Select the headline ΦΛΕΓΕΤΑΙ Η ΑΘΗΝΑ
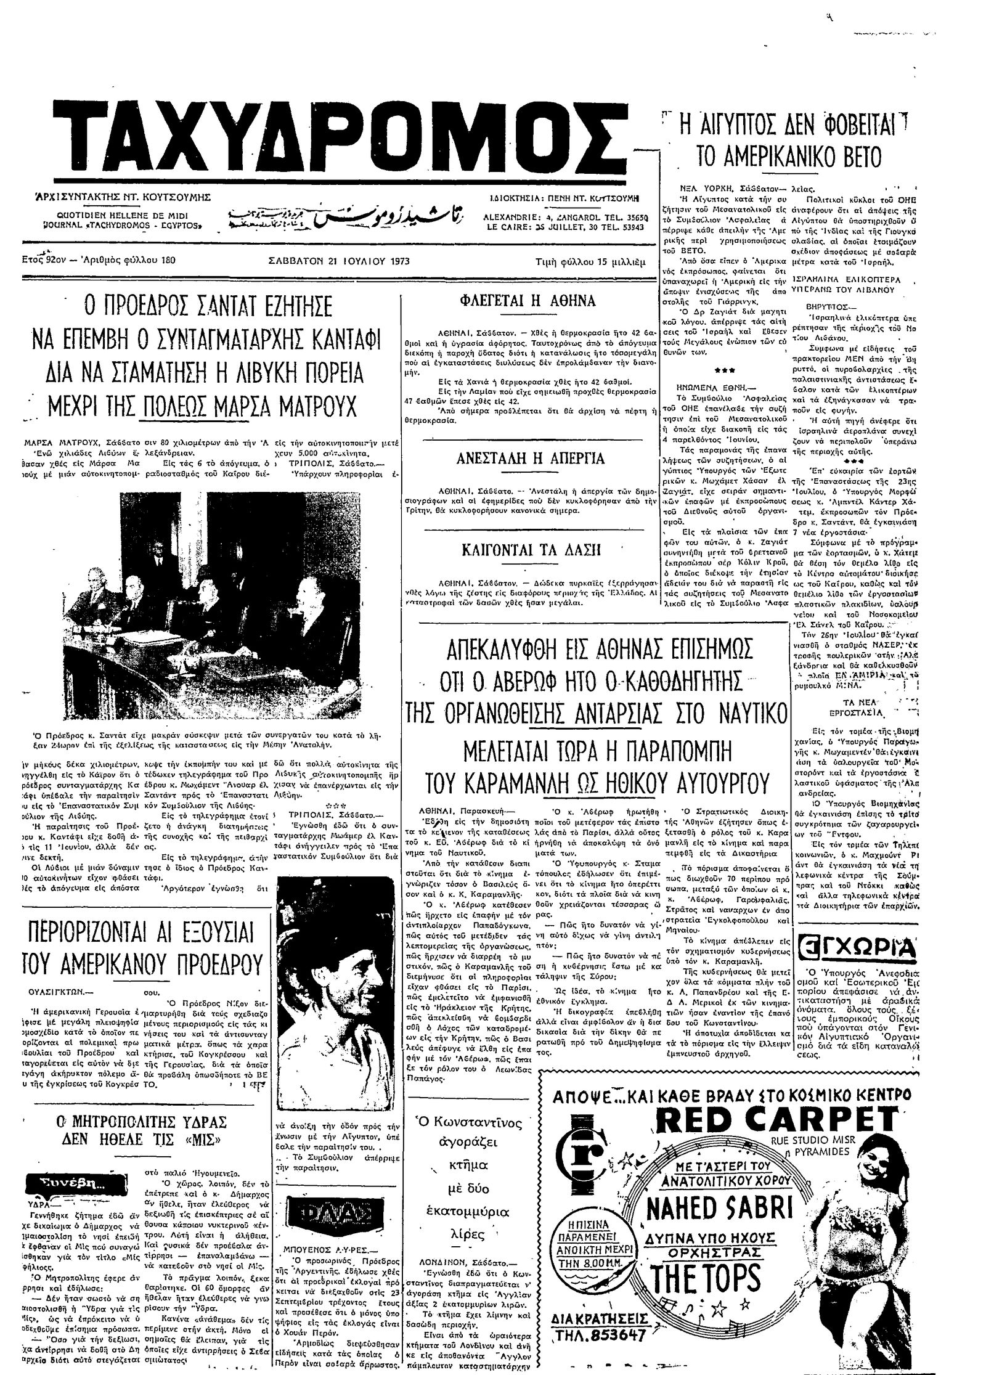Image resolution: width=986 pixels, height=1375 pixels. pyautogui.click(x=528, y=301)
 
